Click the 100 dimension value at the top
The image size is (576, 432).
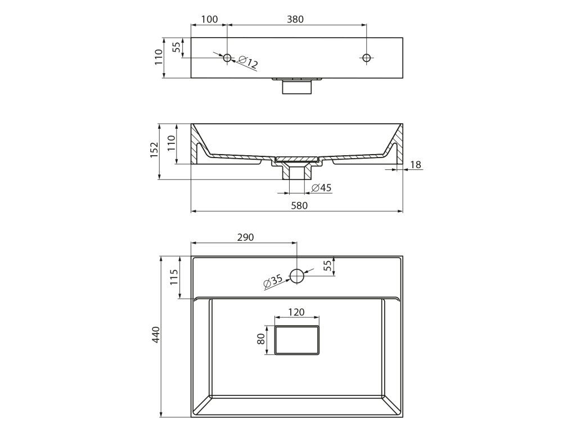[209, 19]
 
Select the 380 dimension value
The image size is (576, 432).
[295, 19]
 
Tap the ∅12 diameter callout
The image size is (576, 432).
[247, 62]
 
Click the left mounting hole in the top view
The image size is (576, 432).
[228, 57]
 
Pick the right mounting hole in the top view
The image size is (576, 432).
[367, 57]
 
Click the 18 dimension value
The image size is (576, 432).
[416, 165]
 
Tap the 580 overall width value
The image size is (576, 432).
[299, 205]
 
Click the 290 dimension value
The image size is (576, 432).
[245, 237]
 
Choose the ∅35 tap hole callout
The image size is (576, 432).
[273, 282]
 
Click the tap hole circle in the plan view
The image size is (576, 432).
[297, 276]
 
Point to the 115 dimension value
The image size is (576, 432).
[174, 277]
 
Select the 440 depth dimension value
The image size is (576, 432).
[157, 335]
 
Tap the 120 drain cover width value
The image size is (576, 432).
[296, 312]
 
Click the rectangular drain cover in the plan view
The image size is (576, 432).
[297, 340]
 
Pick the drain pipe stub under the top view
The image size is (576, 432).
[296, 87]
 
